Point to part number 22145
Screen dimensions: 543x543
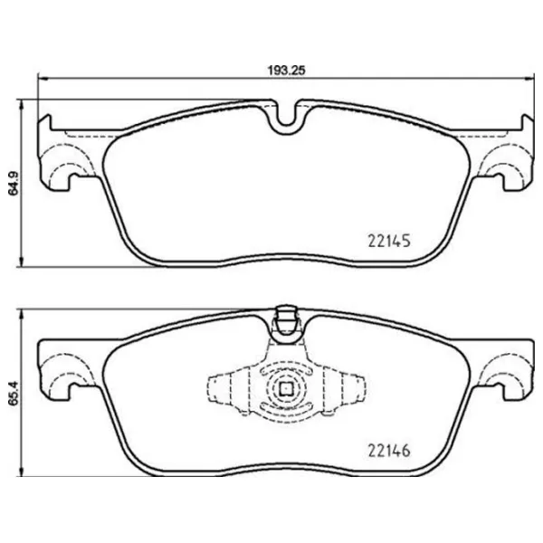[x=389, y=243]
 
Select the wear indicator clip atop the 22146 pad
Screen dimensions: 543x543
[x=286, y=323]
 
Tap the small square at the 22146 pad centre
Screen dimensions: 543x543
[x=286, y=390]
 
